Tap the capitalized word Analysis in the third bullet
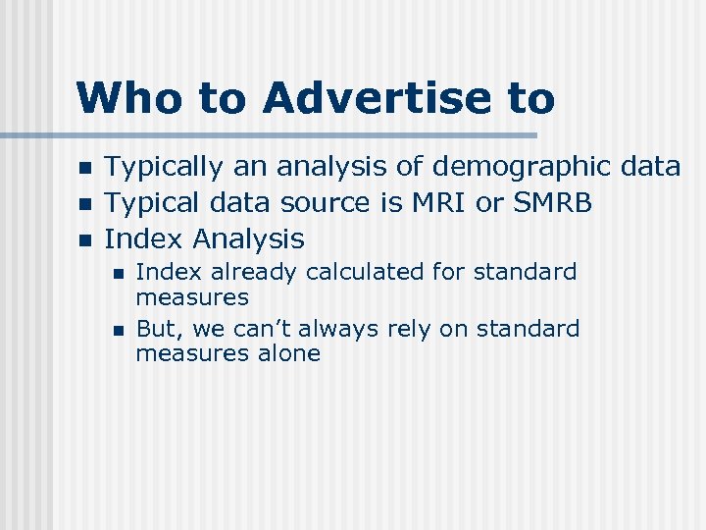[249, 238]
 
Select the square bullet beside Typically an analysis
[85, 169]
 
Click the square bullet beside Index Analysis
[85, 239]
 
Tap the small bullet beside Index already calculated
[118, 273]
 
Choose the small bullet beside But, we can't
[118, 330]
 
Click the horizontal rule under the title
[294, 134]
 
